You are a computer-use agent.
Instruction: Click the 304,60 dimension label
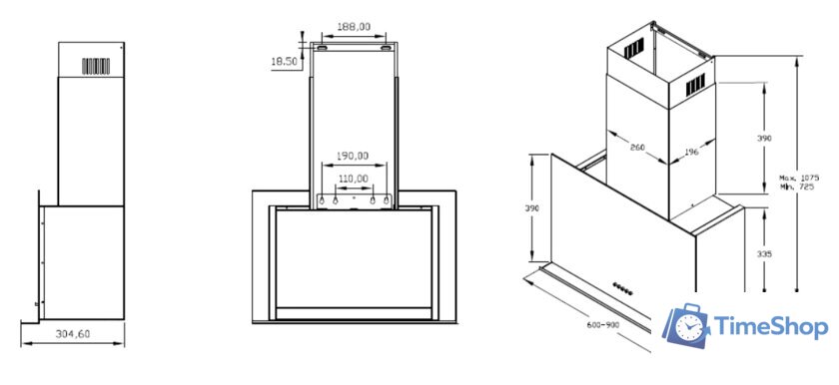[x=73, y=334]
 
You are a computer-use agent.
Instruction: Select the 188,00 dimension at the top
[x=354, y=26]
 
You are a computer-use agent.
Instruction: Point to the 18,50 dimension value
[x=284, y=62]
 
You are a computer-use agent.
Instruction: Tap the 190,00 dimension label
[x=352, y=156]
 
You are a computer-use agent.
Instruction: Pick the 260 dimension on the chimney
[x=637, y=148]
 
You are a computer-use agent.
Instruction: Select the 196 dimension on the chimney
[x=691, y=153]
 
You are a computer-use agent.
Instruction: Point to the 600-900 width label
[x=602, y=325]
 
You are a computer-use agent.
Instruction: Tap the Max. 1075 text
[x=799, y=178]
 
